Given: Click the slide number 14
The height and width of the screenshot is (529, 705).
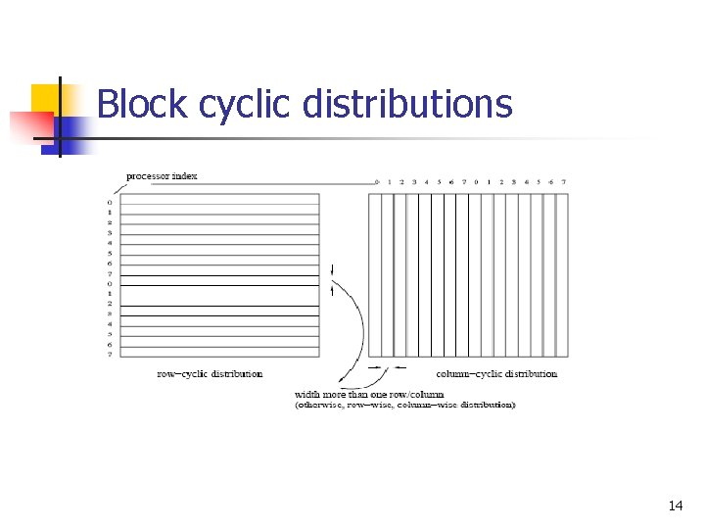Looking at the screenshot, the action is point(676,506).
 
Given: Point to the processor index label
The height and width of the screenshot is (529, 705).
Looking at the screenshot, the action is point(162,176).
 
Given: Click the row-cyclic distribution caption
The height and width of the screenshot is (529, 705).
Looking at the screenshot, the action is point(210,373).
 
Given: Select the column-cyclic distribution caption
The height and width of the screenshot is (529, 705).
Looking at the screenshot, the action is point(496,373).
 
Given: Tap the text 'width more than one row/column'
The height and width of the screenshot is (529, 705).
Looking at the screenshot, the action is point(369,395).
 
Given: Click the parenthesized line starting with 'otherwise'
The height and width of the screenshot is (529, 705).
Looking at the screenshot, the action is point(404,405).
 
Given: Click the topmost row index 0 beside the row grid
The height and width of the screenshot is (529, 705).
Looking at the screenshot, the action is point(110,203).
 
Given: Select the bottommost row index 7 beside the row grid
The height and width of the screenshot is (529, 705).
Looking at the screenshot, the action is point(110,354).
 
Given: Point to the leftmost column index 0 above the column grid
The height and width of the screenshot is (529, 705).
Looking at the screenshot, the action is point(376,182).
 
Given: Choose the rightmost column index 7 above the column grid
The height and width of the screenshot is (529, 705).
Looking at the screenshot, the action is point(563,182).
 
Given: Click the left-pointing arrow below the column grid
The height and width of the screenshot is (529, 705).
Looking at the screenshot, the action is point(399,368).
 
